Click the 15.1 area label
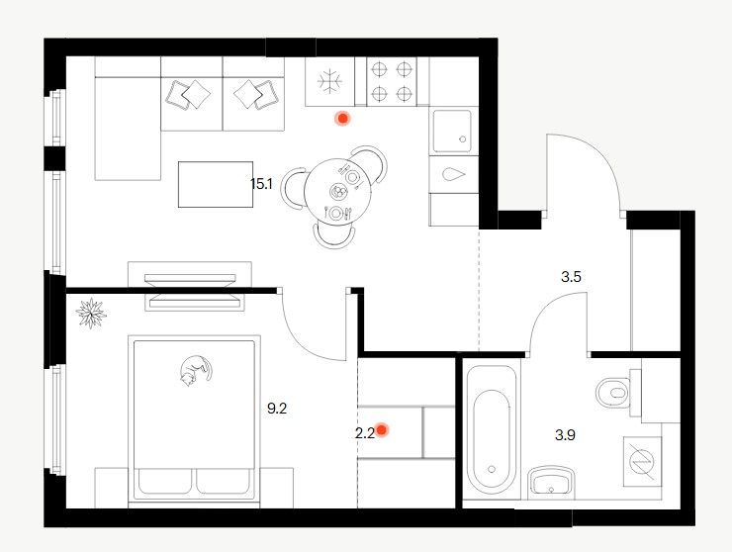coord(261,184)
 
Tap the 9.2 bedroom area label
coord(277,409)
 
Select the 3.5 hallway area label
coord(571,277)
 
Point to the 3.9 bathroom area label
coord(565,435)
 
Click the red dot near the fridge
coord(342,119)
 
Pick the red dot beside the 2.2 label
coord(382,429)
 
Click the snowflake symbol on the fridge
coord(329,82)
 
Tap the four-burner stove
coord(392,82)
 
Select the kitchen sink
coord(452,132)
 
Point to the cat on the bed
coord(195,370)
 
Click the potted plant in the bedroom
coord(91,313)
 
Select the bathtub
coord(492,429)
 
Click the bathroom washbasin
coord(552,482)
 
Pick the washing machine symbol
coord(642,461)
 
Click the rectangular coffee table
coord(216,184)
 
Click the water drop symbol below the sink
coord(454,174)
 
